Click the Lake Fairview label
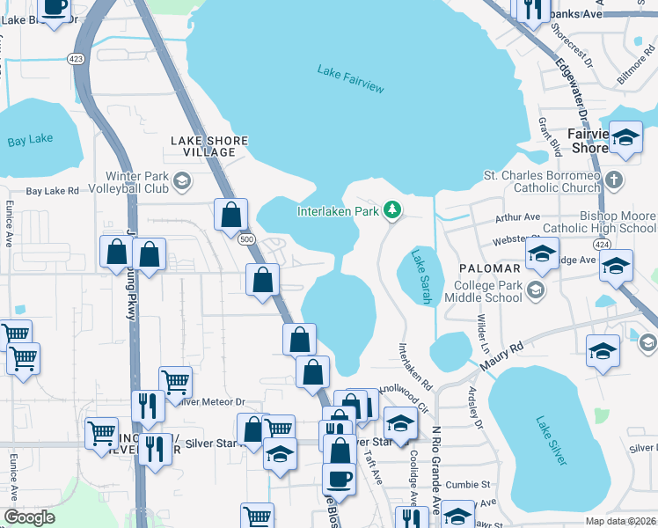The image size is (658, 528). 350,72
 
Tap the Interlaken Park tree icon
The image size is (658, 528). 393,210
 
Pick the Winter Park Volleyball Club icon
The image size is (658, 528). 182,182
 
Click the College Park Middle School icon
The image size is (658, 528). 534,290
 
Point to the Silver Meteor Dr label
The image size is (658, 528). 210,402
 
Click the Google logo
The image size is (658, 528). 29,517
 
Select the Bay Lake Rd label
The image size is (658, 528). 52,190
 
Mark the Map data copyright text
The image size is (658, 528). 620,521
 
